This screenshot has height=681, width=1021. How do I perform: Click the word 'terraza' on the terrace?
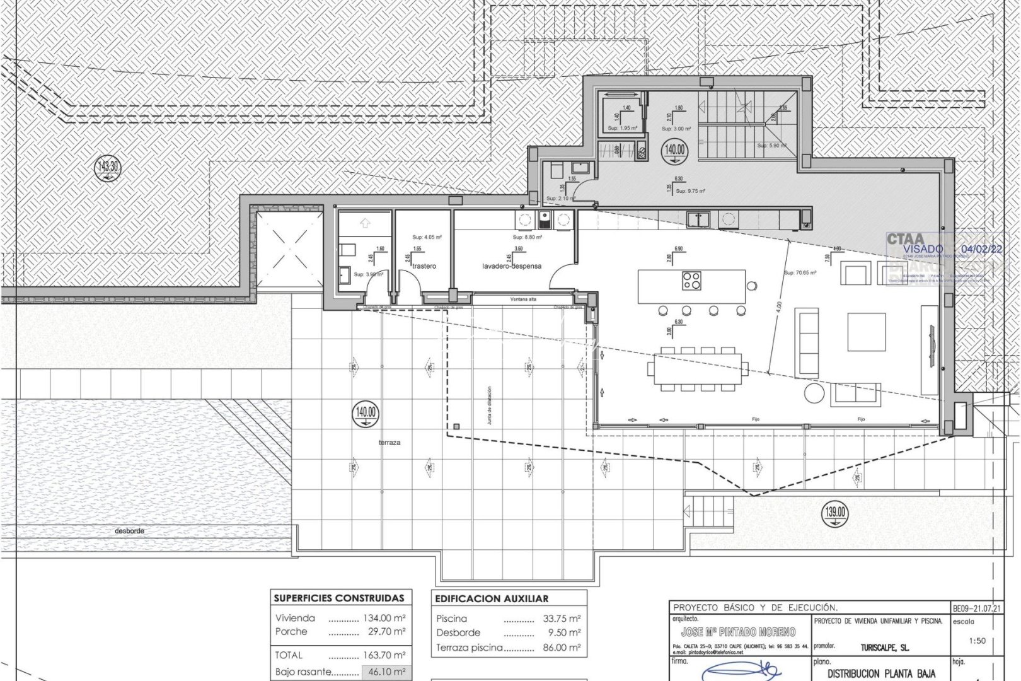click(x=389, y=443)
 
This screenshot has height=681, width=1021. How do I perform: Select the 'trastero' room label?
click(x=424, y=266)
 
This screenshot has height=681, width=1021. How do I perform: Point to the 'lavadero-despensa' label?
click(x=512, y=266)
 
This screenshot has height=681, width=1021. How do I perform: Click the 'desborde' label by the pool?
click(x=129, y=531)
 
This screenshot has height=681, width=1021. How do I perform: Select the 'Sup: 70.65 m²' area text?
click(x=800, y=274)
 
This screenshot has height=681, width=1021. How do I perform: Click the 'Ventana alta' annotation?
click(x=522, y=299)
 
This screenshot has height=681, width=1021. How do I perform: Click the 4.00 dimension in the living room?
click(x=779, y=307)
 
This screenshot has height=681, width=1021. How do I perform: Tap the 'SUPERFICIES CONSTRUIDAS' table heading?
click(x=339, y=598)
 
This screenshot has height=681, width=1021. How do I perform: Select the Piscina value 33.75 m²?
click(x=562, y=619)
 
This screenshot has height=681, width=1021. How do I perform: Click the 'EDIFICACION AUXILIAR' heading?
click(x=492, y=598)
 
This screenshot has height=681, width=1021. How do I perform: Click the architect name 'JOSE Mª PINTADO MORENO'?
click(x=738, y=632)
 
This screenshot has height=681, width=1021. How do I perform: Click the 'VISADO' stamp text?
click(x=923, y=249)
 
